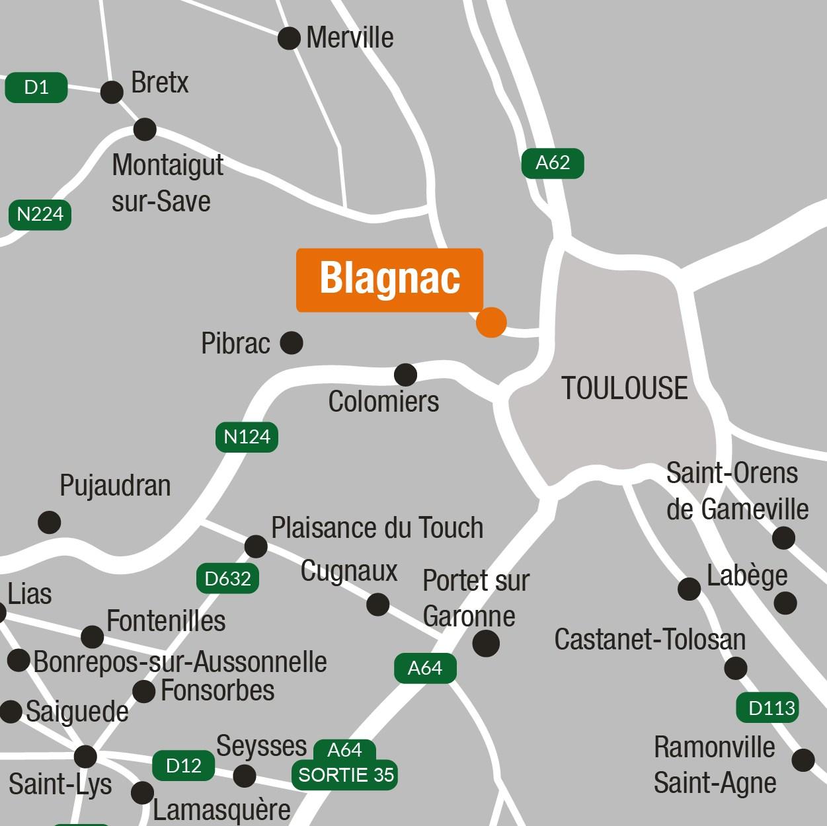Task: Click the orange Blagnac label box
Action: point(389,279)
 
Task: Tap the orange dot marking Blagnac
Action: point(491,322)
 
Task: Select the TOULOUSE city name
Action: point(624,388)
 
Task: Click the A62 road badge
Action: point(552,163)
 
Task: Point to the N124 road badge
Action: point(247,437)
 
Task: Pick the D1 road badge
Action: point(36,87)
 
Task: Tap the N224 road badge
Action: point(40,214)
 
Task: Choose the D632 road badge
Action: point(227,579)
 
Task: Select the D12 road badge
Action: point(183,766)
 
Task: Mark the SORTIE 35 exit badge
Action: point(346,774)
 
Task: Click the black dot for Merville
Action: point(289,38)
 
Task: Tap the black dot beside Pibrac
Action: point(292,343)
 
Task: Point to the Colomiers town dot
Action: point(405,375)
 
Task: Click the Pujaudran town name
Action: point(115,486)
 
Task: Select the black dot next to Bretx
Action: point(112,92)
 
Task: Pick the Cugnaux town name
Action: point(349,571)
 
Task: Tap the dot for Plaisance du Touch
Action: point(256,546)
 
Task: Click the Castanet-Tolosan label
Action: point(650,639)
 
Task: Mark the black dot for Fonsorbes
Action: point(144,692)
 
